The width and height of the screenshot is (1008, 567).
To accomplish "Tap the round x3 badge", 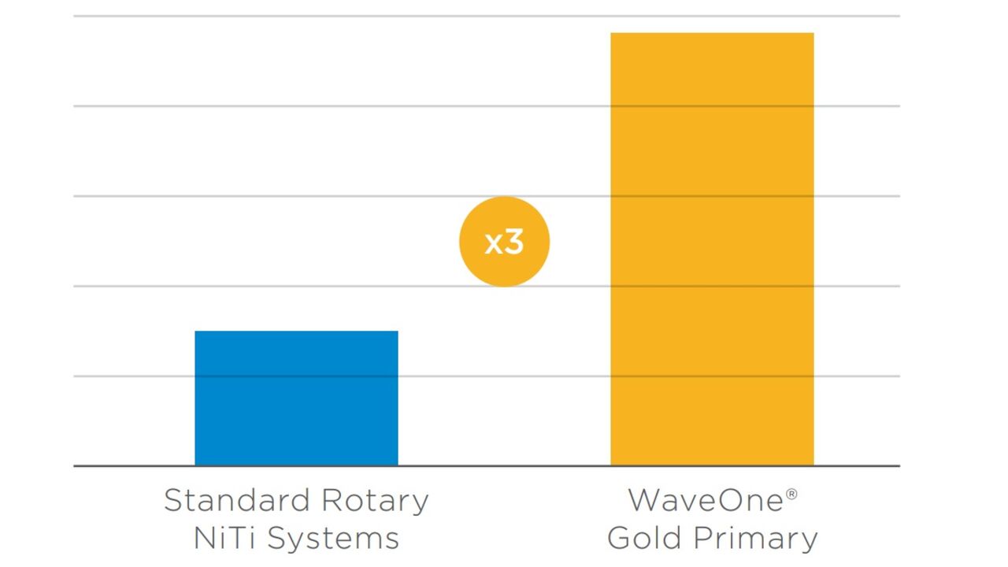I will [x=504, y=241].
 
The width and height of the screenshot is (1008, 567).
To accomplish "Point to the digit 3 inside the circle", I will [x=513, y=242].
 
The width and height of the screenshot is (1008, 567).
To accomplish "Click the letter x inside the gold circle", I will [x=493, y=243].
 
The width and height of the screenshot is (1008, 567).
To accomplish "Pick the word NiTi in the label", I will [x=224, y=539].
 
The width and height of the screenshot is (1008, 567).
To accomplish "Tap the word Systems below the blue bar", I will [x=333, y=539].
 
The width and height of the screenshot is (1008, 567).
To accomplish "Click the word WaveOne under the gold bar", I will [x=705, y=500].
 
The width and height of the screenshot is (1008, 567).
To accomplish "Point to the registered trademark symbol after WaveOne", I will [x=791, y=494].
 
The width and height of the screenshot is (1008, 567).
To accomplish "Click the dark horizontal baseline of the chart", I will [x=504, y=466].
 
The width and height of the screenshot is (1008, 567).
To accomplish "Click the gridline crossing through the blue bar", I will [x=296, y=376].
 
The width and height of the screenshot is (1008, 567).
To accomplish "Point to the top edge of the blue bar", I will [x=296, y=332].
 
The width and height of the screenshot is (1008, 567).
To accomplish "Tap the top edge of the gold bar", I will [x=712, y=33].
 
